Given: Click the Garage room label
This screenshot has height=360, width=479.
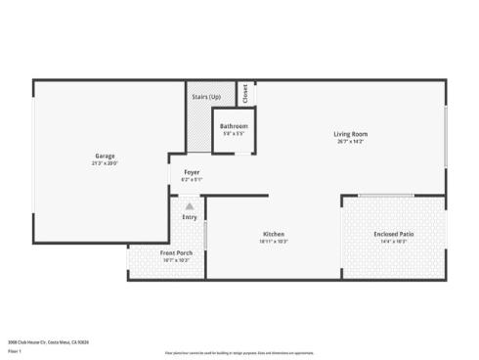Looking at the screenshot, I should tap(107, 156).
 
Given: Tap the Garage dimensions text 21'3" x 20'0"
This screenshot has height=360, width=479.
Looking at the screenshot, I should tap(107, 163).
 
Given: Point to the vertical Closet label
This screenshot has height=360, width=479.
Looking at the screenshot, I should tap(244, 93).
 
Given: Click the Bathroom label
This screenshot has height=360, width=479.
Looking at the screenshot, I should tap(233, 126).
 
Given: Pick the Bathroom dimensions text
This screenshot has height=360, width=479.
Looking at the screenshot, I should tap(233, 134).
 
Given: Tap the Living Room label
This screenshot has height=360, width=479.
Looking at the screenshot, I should tap(350, 134).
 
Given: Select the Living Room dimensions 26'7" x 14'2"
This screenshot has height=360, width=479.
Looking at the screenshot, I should tap(350, 142).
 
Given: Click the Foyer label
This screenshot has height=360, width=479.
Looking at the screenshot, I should tap(192, 172).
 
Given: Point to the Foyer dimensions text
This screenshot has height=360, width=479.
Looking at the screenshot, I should tap(192, 180).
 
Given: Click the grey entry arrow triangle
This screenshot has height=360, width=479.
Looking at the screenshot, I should tap(190, 206).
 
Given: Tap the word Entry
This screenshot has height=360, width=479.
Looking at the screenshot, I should tap(190, 218).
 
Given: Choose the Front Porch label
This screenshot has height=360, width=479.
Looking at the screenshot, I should tap(176, 253).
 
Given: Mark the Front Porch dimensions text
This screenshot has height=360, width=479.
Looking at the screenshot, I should tap(176, 261).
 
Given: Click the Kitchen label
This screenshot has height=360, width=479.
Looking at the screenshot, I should tap(274, 234).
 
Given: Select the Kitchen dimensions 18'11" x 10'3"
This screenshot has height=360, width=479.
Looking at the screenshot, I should tap(274, 242).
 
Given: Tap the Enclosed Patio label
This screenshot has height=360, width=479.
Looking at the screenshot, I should tap(393, 234).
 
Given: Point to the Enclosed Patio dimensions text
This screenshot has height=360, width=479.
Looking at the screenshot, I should tap(393, 242).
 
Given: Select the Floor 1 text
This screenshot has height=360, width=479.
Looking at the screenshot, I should tap(15, 350).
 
